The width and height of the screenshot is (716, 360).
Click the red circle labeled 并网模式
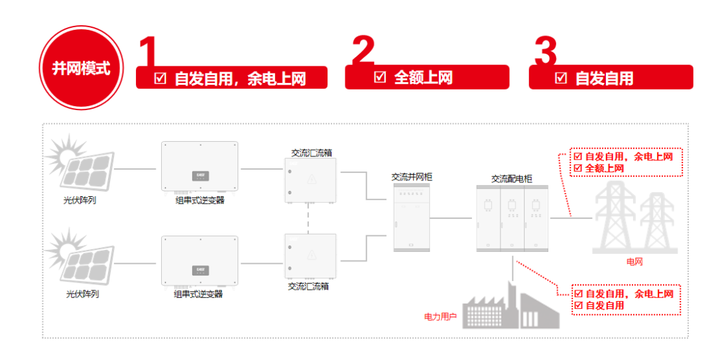(82, 68)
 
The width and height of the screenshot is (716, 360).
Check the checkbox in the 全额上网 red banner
(380, 77)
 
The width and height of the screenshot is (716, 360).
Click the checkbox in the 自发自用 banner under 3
(561, 78)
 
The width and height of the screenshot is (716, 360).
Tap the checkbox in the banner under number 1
(160, 78)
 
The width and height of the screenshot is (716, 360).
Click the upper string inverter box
(199, 167)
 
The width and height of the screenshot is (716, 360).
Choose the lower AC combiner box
(310, 256)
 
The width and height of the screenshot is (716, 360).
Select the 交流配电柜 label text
(511, 178)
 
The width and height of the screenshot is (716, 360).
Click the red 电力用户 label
(440, 316)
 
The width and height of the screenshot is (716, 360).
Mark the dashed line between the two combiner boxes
(310, 218)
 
